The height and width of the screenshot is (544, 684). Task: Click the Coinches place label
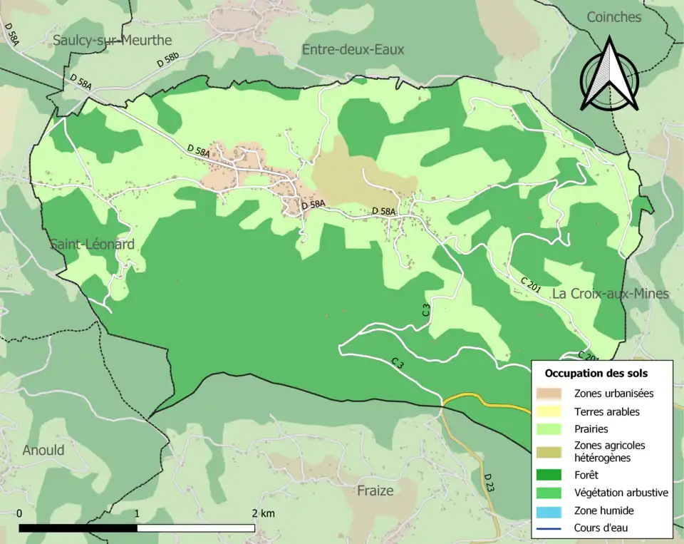click(x=613, y=17)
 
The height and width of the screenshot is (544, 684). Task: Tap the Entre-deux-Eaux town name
click(x=353, y=49)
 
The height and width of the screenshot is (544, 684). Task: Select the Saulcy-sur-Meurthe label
click(x=112, y=41)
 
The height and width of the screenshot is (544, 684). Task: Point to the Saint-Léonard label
click(x=92, y=245)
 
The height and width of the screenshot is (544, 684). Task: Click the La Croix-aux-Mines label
click(x=611, y=294)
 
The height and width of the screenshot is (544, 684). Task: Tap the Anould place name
click(x=43, y=450)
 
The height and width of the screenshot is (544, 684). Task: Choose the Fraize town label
click(x=375, y=491)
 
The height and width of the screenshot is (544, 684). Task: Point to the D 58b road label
click(x=168, y=61)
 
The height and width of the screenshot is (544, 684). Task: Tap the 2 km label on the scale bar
click(x=263, y=513)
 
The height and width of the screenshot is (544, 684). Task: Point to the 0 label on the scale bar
click(x=19, y=513)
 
